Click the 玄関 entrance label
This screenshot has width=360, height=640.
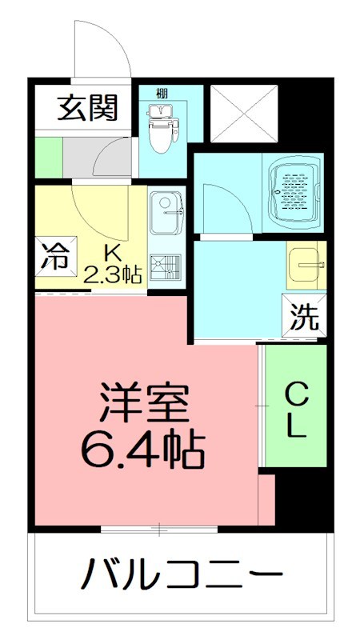[87, 106]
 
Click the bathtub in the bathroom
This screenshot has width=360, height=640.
[294, 190]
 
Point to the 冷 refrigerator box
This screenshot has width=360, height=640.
[54, 257]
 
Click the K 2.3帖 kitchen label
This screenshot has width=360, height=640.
[113, 265]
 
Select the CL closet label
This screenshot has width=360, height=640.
[297, 409]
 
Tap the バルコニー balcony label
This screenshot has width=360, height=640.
[183, 574]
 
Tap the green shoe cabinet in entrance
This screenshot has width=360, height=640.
[48, 158]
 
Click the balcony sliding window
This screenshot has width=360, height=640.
[159, 528]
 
